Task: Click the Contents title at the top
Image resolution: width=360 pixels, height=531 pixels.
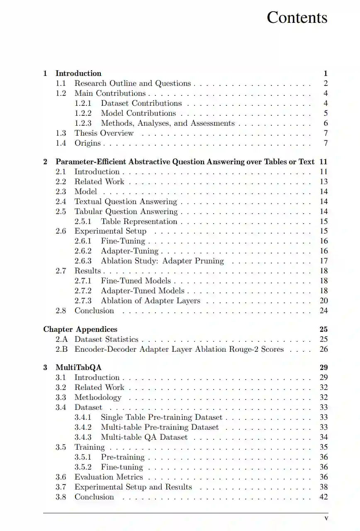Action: point(297,17)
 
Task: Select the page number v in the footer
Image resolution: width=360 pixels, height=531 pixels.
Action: point(326,518)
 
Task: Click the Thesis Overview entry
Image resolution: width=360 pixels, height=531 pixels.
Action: point(104,133)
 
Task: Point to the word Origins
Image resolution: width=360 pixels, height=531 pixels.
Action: point(88,143)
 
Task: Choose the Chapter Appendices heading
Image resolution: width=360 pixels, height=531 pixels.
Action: point(80,329)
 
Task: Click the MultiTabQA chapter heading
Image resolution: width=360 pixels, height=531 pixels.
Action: point(78,368)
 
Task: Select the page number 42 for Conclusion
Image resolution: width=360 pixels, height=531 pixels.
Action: point(324,497)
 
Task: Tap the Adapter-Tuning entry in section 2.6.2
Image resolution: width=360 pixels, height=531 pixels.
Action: point(129,251)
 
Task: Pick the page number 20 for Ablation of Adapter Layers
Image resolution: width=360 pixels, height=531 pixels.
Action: point(324,301)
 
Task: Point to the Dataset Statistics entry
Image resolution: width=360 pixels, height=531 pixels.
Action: point(106,339)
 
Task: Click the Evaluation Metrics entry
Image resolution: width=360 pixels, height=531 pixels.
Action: point(109,477)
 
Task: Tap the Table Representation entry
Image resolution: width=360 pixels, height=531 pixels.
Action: point(139,222)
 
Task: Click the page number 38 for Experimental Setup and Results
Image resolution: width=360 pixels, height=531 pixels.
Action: point(324,487)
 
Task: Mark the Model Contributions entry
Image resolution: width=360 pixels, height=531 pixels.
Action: point(139,113)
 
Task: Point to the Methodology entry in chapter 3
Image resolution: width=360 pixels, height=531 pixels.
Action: point(98,397)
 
